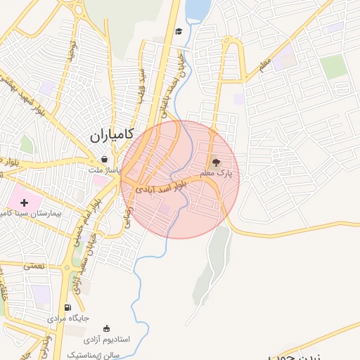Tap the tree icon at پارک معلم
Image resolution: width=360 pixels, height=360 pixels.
coord(216,162)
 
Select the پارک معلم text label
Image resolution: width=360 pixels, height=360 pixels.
coord(215,172)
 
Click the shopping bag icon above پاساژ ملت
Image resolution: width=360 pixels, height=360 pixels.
coord(105,159)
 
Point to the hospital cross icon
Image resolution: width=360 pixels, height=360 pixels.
coord(25,202)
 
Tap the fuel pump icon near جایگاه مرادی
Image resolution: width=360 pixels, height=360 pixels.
coord(68,307)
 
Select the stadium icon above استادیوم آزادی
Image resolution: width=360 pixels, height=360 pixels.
coord(106,328)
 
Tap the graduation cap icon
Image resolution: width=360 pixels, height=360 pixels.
coord(179,32)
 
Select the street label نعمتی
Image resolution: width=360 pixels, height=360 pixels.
coord(33,265)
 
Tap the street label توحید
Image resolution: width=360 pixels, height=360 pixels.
coord(70,50)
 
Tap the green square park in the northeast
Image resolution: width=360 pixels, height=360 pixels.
coord(333,67)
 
